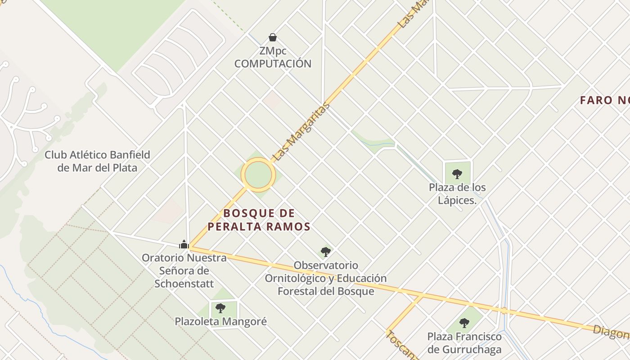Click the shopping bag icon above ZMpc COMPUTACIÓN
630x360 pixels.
tap(272, 37)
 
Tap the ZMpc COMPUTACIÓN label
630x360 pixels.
tap(273, 57)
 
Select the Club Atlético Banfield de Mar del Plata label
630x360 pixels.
tap(97, 161)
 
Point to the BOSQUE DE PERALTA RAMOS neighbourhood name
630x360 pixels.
tap(259, 220)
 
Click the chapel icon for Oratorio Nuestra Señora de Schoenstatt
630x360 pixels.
tap(184, 244)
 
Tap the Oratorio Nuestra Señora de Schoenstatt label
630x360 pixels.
tap(184, 271)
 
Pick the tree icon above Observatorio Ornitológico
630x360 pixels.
tap(326, 252)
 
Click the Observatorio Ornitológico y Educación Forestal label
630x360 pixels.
tap(326, 278)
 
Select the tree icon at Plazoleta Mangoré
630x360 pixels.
tap(220, 308)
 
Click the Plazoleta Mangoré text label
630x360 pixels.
tap(220, 322)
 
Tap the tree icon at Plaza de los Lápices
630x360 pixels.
tap(457, 174)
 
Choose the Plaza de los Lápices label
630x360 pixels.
tap(457, 193)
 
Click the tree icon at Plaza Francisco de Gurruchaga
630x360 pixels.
tap(464, 323)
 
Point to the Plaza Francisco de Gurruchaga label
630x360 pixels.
tap(464, 343)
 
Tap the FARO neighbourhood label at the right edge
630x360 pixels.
tap(604, 100)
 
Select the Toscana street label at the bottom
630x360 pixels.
tap(401, 346)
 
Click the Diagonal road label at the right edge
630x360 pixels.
tap(611, 332)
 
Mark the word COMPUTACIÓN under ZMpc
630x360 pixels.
tap(273, 63)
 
